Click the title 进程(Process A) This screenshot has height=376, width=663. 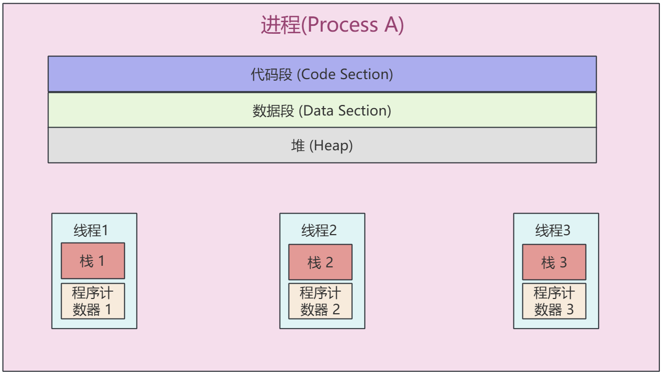pyautogui.click(x=332, y=25)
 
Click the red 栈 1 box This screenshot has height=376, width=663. pyautogui.click(x=93, y=261)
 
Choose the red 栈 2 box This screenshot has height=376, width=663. pyautogui.click(x=320, y=262)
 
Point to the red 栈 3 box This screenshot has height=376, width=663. pyautogui.click(x=554, y=262)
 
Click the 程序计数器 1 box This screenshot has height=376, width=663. pyautogui.click(x=93, y=301)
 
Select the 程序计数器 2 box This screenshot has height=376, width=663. pyautogui.click(x=320, y=301)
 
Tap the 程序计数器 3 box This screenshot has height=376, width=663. pyautogui.click(x=554, y=301)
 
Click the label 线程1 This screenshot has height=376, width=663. pyautogui.click(x=91, y=230)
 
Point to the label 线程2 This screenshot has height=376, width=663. pyautogui.click(x=319, y=230)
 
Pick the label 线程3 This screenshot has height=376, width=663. pyautogui.click(x=553, y=230)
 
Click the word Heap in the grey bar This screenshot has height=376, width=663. pyautogui.click(x=332, y=146)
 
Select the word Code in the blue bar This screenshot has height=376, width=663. pyautogui.click(x=319, y=74)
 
